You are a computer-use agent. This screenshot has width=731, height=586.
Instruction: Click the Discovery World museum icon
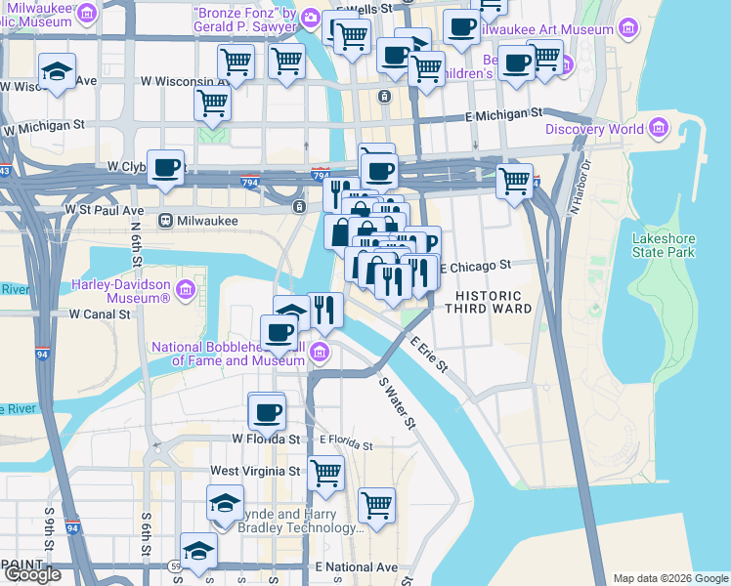click(x=658, y=129)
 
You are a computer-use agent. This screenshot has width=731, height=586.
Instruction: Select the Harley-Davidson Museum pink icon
click(x=185, y=290)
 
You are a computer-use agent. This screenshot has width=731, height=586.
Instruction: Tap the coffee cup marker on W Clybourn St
click(x=166, y=167)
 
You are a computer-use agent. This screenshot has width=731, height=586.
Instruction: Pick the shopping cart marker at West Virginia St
click(x=326, y=474)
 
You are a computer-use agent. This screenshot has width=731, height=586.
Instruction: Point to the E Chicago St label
click(x=476, y=265)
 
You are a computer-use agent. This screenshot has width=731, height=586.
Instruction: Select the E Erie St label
click(x=429, y=355)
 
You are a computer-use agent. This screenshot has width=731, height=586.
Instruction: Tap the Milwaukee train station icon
click(x=166, y=221)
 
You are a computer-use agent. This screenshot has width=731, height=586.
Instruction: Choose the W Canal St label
click(x=100, y=314)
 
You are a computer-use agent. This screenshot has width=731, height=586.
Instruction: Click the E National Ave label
click(x=357, y=566)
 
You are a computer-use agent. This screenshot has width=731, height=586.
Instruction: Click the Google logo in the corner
click(x=32, y=574)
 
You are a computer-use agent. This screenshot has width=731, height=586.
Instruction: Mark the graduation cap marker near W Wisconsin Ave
click(x=58, y=72)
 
